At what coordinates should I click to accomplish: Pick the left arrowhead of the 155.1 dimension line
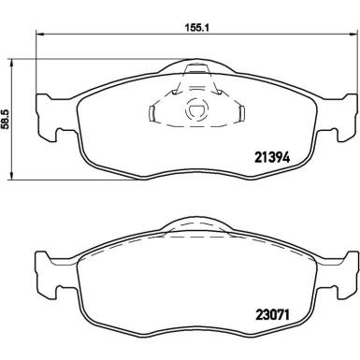coord(38,35)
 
